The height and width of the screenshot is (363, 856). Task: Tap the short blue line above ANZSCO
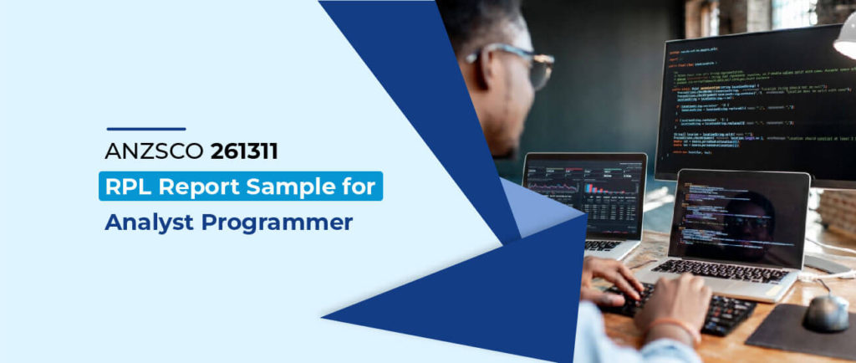(145, 129)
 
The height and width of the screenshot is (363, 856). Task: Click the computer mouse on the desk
(825, 311)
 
